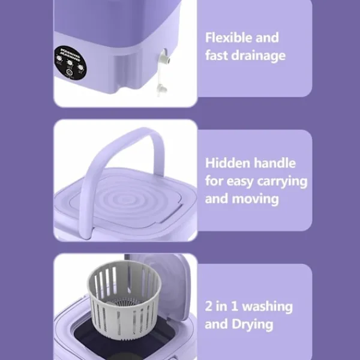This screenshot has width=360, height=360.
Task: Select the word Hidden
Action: coord(227,163)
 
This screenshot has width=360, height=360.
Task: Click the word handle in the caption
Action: coord(275,163)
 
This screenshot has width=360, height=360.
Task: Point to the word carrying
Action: coord(282,182)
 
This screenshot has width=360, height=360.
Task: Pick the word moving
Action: coord(256,199)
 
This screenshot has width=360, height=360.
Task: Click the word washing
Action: coord(268,307)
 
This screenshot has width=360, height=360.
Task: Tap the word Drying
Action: coord(253,325)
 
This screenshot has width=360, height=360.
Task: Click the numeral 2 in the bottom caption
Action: coord(208,306)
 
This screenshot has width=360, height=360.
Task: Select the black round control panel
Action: coord(70,63)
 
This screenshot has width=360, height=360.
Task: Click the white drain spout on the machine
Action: coord(165,57)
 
